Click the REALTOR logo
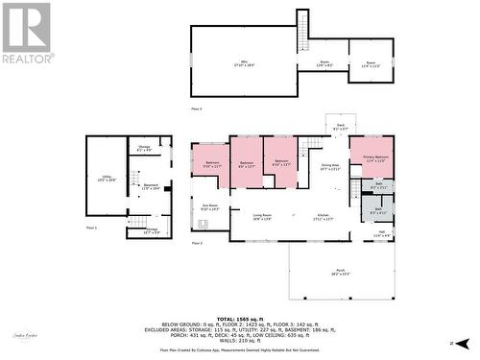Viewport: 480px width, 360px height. point(27,33)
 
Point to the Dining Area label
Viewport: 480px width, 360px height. point(329,166)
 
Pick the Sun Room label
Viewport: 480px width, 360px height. point(210,206)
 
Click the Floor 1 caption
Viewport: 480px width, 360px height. point(92,228)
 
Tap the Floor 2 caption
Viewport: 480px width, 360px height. point(197,243)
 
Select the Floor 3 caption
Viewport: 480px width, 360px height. point(196,109)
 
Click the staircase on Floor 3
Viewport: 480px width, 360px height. point(302,28)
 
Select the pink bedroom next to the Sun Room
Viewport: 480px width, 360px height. point(211,163)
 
